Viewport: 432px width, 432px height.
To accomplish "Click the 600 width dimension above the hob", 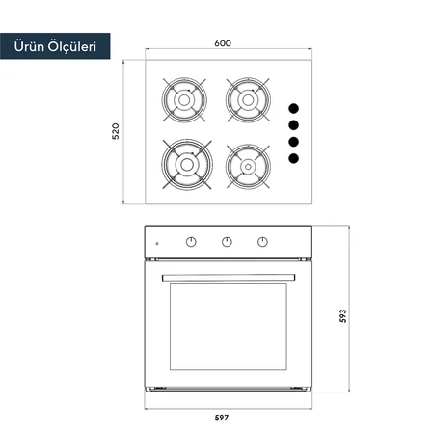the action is click(x=223, y=43).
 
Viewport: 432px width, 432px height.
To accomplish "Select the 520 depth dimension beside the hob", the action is click(x=116, y=131).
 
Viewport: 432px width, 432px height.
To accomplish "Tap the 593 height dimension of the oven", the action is click(x=343, y=315).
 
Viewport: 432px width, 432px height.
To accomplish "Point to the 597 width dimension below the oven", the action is click(x=222, y=418).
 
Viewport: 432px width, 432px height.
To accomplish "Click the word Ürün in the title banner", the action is click(x=29, y=46).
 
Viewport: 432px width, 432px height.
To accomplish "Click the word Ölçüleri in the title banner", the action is click(x=72, y=46).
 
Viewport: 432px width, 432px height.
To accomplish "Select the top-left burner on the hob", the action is click(x=184, y=100).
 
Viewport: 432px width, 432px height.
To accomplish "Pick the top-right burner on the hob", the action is click(x=248, y=100).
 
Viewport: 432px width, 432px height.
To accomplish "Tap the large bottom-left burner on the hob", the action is click(x=187, y=164).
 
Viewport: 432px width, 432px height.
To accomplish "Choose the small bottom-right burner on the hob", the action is click(x=248, y=166).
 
